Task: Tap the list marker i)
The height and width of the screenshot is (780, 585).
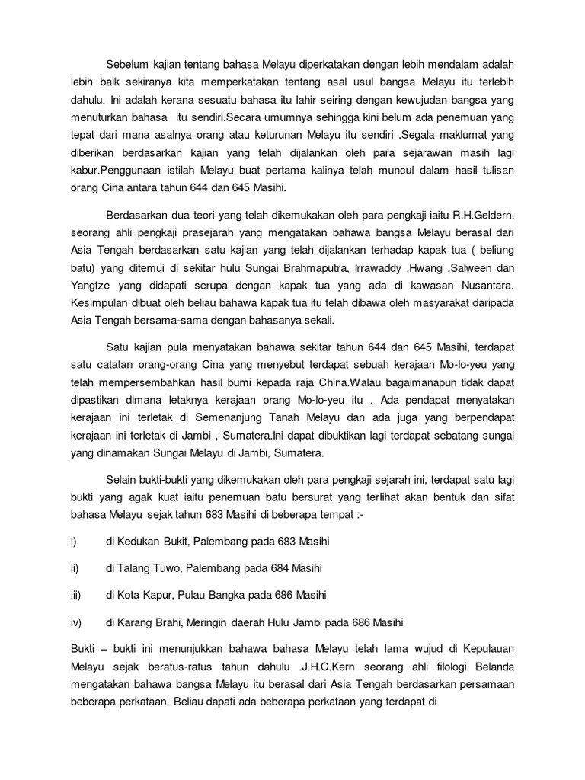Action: coord(73,541)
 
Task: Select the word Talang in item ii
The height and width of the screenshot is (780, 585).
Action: coord(135,568)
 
